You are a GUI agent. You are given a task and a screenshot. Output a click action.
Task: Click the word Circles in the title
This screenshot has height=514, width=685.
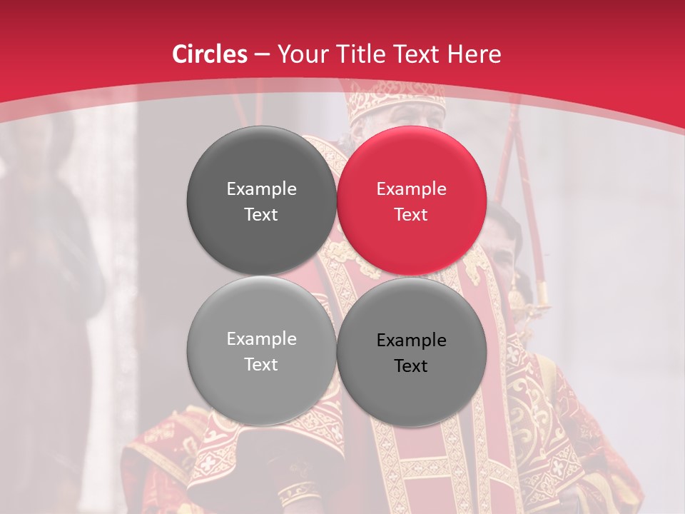[x=210, y=54]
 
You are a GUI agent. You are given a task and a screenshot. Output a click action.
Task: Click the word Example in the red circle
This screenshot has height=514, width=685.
[x=412, y=189]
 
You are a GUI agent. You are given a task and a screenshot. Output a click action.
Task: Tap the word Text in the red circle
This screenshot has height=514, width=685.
[x=412, y=215]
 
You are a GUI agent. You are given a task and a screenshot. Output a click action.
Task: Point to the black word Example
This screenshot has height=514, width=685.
[x=412, y=341]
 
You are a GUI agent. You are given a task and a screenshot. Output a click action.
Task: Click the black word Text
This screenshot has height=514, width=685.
[x=412, y=366]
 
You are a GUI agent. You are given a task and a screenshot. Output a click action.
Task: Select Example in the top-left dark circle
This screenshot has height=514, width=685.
[x=261, y=189]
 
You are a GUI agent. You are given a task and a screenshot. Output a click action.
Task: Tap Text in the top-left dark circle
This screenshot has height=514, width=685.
[x=261, y=215]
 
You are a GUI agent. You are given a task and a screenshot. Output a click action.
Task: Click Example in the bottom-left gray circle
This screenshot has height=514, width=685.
[x=261, y=339]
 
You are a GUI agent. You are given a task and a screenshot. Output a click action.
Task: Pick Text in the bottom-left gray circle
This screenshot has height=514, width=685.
[x=261, y=365]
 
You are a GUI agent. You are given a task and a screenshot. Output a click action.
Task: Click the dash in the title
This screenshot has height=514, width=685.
[x=262, y=55]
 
